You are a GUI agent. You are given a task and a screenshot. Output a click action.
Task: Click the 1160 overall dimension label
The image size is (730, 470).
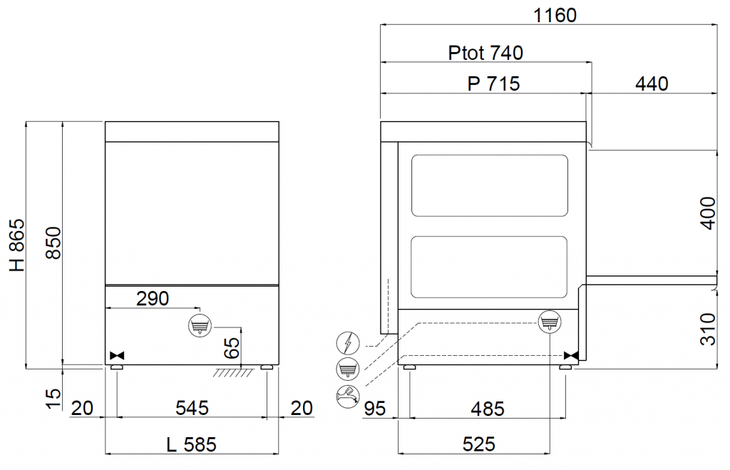[555, 16]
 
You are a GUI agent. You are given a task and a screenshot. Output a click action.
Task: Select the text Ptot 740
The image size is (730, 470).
[485, 53]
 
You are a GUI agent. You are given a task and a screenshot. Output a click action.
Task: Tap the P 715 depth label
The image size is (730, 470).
[493, 84]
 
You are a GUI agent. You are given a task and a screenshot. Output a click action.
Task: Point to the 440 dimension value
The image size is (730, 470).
[652, 84]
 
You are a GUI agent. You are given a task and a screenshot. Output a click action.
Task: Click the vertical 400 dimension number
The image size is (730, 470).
[708, 213]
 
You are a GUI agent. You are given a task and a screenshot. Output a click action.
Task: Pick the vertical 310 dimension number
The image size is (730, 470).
[708, 329]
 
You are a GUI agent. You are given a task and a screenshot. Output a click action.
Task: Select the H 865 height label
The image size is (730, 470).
[17, 245]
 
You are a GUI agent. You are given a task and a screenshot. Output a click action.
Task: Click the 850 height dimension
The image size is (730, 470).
[53, 242]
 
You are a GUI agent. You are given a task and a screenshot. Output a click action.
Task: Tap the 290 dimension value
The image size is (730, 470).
[153, 299]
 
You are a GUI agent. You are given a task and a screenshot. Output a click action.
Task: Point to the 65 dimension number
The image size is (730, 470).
[232, 347]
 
